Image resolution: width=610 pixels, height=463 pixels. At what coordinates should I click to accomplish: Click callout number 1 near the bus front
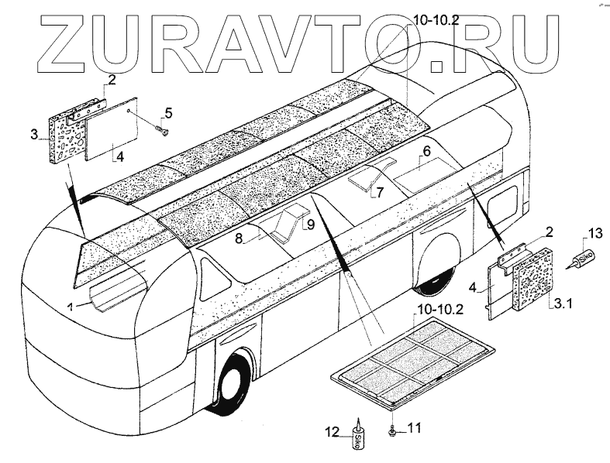pyautogui.click(x=70, y=306)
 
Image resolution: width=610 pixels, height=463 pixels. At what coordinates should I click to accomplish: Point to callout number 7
pyautogui.click(x=380, y=191)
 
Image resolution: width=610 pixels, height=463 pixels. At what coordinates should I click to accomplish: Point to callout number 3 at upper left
pyautogui.click(x=35, y=135)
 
